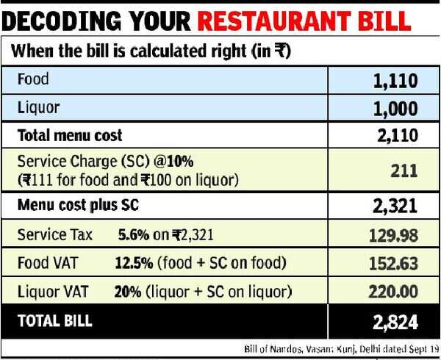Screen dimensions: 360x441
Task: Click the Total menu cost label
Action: pos(69,135)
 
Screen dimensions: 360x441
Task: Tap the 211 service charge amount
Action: pos(404,171)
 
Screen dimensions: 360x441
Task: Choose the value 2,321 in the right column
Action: pos(394,206)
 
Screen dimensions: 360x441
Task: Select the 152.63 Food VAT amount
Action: pos(390,264)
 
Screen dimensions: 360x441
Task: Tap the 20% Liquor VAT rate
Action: pos(124,292)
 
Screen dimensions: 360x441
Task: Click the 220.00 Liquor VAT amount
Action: pos(390,292)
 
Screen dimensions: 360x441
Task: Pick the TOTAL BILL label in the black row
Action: pos(56,320)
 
